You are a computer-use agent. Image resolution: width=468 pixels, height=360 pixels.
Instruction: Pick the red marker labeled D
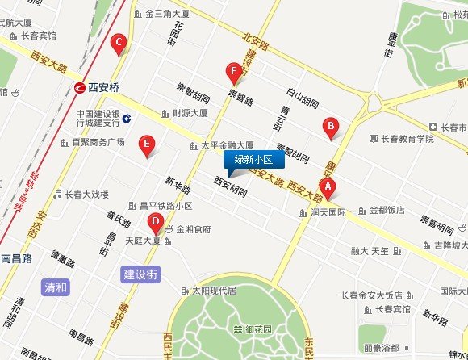[155, 223]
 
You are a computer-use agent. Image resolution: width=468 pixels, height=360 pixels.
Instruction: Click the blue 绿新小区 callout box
[254, 159]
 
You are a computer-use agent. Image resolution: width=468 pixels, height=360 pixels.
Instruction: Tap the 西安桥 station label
[103, 86]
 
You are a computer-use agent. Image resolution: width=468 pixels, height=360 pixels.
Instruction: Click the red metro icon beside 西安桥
[80, 86]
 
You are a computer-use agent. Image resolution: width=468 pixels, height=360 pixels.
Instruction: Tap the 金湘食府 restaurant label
[194, 229]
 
